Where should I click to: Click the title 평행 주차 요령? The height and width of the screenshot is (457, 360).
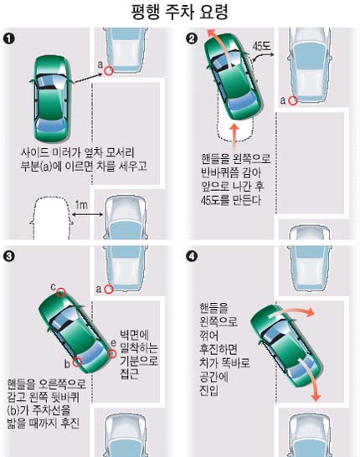pyautogui.click(x=180, y=12)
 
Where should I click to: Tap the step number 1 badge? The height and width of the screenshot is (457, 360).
pyautogui.click(x=9, y=39)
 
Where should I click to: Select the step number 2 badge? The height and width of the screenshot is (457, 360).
pyautogui.click(x=192, y=39)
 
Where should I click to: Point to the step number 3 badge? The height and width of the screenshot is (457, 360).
pyautogui.click(x=9, y=256)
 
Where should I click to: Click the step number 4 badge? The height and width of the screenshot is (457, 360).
pyautogui.click(x=192, y=256)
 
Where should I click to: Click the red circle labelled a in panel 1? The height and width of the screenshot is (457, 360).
pyautogui.click(x=109, y=71)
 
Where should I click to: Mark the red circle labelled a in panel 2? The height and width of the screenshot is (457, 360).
pyautogui.click(x=293, y=100)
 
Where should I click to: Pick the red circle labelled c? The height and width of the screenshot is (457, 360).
pyautogui.click(x=61, y=292)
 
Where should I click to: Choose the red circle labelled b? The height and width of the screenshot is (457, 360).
pyautogui.click(x=77, y=362)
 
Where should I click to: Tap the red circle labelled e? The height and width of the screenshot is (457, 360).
pyautogui.click(x=112, y=354)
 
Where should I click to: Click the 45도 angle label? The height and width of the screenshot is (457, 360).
pyautogui.click(x=261, y=46)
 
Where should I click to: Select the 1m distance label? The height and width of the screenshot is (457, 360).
pyautogui.click(x=81, y=205)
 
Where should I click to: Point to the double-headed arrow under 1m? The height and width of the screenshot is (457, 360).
pyautogui.click(x=87, y=215)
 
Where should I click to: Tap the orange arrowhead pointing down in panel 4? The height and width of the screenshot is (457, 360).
pyautogui.click(x=316, y=397)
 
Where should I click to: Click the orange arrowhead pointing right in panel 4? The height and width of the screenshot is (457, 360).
pyautogui.click(x=310, y=312)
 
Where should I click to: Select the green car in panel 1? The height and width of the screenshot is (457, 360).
pyautogui.click(x=52, y=98)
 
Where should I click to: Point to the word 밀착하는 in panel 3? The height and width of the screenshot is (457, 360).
pyautogui.click(x=139, y=347)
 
